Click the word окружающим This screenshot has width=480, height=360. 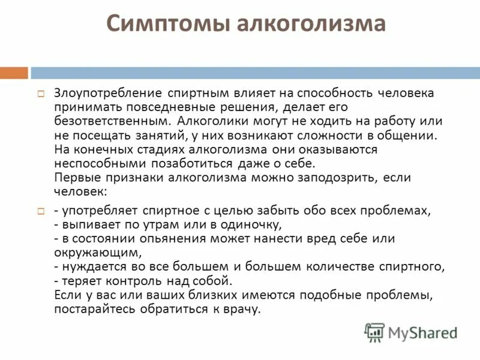(x=97, y=252)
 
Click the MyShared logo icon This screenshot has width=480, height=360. (x=375, y=331)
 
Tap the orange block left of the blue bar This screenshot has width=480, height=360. (x=14, y=73)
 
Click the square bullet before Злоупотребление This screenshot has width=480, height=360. (x=41, y=94)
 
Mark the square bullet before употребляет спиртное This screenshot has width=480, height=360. (x=41, y=212)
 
